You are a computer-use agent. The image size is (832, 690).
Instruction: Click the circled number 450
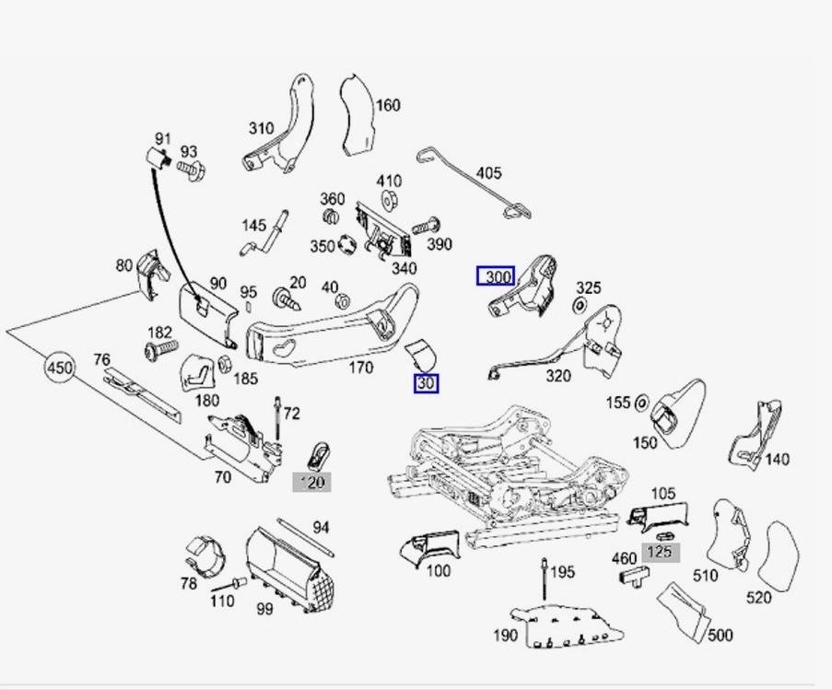pyautogui.click(x=59, y=368)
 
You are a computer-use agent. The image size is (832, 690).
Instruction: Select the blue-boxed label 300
pyautogui.click(x=496, y=276)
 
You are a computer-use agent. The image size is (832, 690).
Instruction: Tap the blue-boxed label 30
pyautogui.click(x=427, y=383)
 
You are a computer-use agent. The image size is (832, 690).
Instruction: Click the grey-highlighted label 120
pyautogui.click(x=311, y=482)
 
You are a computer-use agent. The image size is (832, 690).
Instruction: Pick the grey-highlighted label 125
pyautogui.click(x=660, y=553)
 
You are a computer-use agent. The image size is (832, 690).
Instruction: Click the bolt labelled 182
pyautogui.click(x=159, y=351)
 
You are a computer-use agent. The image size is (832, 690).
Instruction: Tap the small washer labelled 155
pyautogui.click(x=642, y=403)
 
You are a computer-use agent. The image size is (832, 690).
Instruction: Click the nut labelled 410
pyautogui.click(x=388, y=199)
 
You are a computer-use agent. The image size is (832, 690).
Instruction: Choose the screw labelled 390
pyautogui.click(x=424, y=225)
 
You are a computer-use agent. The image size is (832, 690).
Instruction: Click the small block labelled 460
pyautogui.click(x=632, y=577)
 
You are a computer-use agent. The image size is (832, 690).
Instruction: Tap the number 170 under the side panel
pyautogui.click(x=360, y=368)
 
